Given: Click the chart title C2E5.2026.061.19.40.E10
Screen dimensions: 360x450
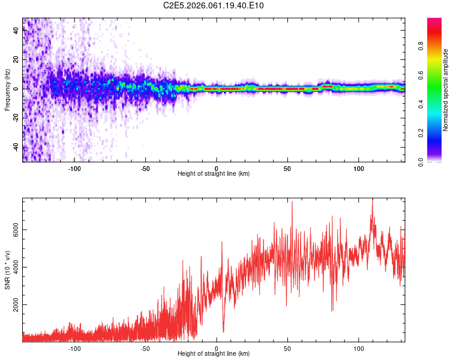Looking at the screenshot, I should (x=214, y=5).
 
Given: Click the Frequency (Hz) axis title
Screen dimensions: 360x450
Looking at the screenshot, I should (x=7, y=90).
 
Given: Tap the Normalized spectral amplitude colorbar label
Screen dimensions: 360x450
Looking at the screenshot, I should (x=446, y=90).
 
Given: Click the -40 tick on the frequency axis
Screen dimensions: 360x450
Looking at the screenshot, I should (x=16, y=147).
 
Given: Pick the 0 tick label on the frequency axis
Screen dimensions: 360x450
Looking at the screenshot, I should (x=16, y=89).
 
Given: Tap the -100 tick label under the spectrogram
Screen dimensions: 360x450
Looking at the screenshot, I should (x=74, y=168).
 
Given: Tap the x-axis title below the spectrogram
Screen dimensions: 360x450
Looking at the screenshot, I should (x=214, y=174).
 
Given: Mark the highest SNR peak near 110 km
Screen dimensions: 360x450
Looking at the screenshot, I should (x=372, y=200).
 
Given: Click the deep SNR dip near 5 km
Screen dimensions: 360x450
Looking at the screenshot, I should (x=223, y=331).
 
